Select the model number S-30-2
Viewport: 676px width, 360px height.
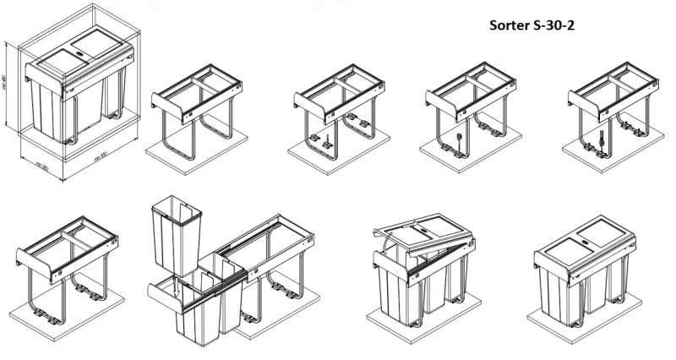tap(558, 25)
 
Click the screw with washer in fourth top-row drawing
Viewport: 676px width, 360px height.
tap(458, 138)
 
